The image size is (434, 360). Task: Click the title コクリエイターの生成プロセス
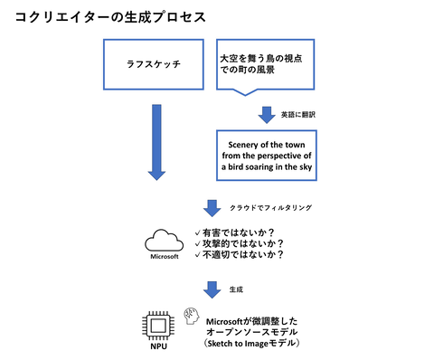pos(110,17)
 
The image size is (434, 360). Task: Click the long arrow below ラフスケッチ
pos(156,142)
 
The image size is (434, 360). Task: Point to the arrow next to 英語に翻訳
pos(267,115)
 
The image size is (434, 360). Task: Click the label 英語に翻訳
pos(298,115)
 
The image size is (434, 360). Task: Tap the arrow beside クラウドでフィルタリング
pos(212,208)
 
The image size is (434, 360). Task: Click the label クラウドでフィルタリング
pos(270,208)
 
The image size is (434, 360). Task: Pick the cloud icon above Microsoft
pos(165,241)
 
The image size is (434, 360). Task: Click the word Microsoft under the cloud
pos(165,257)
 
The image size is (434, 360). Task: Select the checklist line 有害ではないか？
pos(235,232)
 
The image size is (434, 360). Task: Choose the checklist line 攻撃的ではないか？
pos(240,243)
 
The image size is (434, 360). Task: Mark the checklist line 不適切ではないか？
pos(240,255)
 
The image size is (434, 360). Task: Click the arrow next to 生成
pos(212,289)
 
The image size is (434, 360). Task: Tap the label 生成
pos(236,289)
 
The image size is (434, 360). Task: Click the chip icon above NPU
pos(158,326)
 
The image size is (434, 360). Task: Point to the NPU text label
pos(159,346)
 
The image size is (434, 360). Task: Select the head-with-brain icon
pos(192,316)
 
